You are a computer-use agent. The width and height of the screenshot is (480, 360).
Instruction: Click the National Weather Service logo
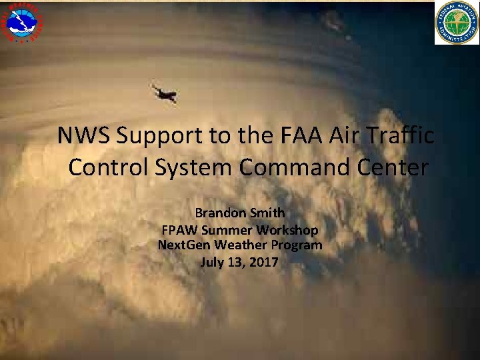(22, 21)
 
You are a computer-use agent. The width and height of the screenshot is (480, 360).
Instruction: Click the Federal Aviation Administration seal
(457, 23)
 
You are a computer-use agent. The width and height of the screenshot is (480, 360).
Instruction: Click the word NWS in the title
(84, 135)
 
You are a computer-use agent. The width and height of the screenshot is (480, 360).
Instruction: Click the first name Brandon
(220, 213)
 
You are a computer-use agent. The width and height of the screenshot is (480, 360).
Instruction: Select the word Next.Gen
(183, 245)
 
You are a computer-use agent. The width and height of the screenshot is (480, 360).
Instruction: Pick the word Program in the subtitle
(295, 246)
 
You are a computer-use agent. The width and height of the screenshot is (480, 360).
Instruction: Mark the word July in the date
(213, 262)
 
